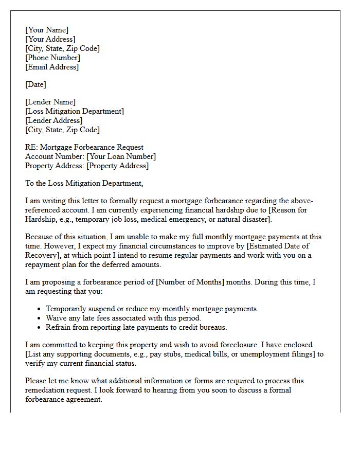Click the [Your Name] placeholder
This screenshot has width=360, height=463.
click(47, 30)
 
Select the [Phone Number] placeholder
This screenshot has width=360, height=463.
click(52, 58)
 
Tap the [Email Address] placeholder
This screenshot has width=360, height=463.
click(52, 67)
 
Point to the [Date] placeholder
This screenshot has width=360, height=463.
click(35, 84)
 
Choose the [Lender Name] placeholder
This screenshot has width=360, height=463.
click(50, 102)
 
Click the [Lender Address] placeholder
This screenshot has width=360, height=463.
click(53, 120)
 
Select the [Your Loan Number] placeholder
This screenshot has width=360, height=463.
click(121, 156)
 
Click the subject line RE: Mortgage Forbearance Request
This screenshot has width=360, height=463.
click(84, 147)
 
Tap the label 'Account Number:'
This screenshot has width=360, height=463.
click(55, 156)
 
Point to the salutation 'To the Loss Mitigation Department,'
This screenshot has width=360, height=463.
click(84, 183)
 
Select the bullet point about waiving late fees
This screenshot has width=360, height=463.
click(123, 318)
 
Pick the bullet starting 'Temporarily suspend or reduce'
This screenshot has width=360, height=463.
click(152, 309)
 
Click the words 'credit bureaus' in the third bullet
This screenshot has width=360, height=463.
click(203, 327)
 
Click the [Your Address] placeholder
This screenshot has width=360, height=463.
click(50, 39)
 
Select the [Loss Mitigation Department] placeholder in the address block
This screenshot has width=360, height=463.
click(75, 111)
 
